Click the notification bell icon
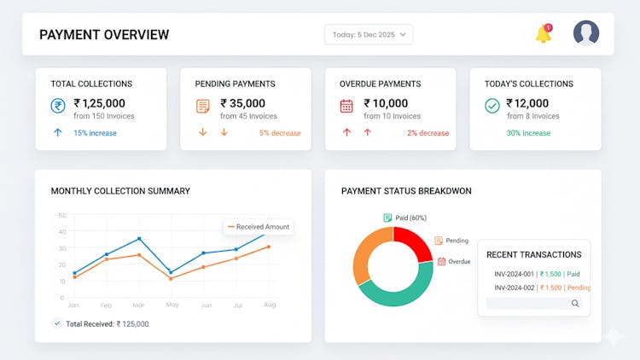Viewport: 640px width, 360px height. click(543, 35)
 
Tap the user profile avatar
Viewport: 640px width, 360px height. click(585, 33)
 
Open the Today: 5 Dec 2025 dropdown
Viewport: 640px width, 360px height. click(369, 35)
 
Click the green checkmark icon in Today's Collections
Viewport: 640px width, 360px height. click(492, 106)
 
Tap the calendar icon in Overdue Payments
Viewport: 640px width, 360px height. click(346, 106)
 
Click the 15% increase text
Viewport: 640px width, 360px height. click(95, 133)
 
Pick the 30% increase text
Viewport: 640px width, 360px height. click(528, 133)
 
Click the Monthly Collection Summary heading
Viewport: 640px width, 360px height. click(120, 191)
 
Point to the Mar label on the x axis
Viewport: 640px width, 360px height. click(139, 305)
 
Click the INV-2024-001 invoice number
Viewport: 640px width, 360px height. click(515, 274)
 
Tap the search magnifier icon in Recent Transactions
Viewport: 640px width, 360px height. click(575, 303)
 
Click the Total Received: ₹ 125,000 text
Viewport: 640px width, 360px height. click(107, 323)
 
